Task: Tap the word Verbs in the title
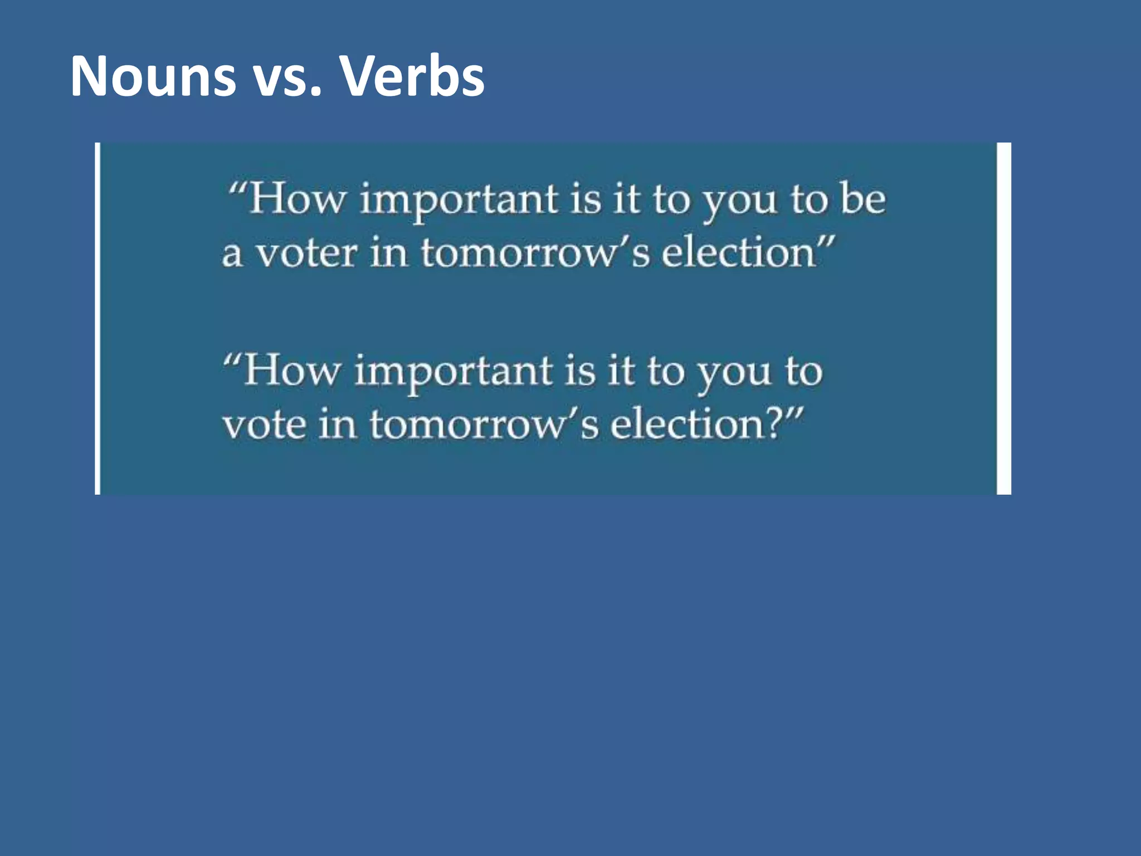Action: pos(412,76)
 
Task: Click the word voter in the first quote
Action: pos(306,254)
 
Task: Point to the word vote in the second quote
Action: pos(265,425)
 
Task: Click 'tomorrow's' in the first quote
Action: pos(535,254)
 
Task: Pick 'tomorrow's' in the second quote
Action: pos(484,425)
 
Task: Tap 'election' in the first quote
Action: pos(738,254)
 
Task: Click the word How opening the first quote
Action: pos(297,199)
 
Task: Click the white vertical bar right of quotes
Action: pos(1003,318)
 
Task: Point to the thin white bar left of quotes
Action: pos(98,318)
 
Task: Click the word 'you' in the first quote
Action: pos(739,202)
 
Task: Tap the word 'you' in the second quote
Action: pos(733,373)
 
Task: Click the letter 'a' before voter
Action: pos(232,256)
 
